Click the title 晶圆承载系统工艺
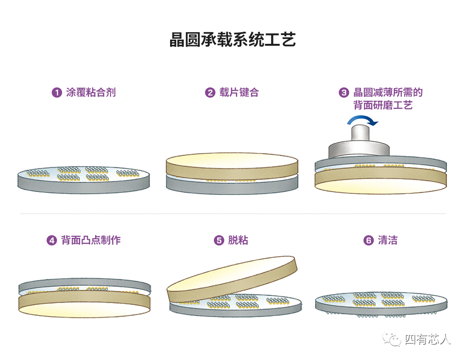pos(233,40)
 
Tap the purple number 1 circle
pos(57,92)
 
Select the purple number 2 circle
pos(210,92)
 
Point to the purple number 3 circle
pos(344,92)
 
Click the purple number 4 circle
pos(52,240)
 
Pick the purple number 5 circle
pos(219,240)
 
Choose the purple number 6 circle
pos(369,240)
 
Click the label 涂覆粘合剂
pos(91,92)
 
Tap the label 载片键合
pos(239,92)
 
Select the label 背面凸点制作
pos(91,240)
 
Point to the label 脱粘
pos(238,240)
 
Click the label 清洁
pos(388,240)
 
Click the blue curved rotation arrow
pos(362,118)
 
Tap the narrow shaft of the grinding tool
pos(360,133)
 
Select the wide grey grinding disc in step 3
pos(359,150)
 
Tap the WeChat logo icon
pos(392,339)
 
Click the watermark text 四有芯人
pos(428,339)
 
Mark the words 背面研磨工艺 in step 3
pos(383,105)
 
